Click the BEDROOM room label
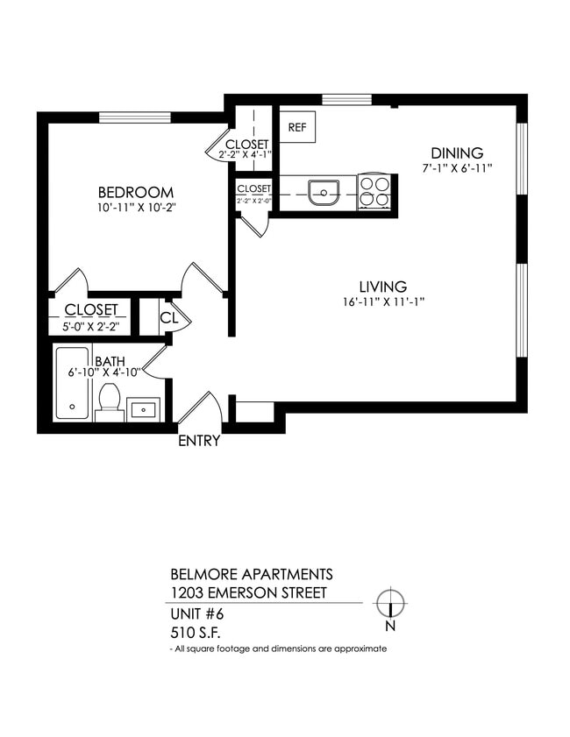tap(135, 193)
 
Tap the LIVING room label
tap(382, 287)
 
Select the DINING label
tap(456, 152)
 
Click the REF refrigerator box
tap(297, 127)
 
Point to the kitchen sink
tap(324, 191)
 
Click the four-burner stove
tap(375, 191)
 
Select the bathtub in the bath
tap(72, 384)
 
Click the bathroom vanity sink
tap(142, 409)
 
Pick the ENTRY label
tap(199, 441)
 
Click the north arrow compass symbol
tap(390, 604)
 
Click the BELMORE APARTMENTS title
tap(251, 575)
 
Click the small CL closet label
tap(169, 319)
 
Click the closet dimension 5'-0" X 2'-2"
tap(90, 326)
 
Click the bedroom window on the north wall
tap(133, 117)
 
